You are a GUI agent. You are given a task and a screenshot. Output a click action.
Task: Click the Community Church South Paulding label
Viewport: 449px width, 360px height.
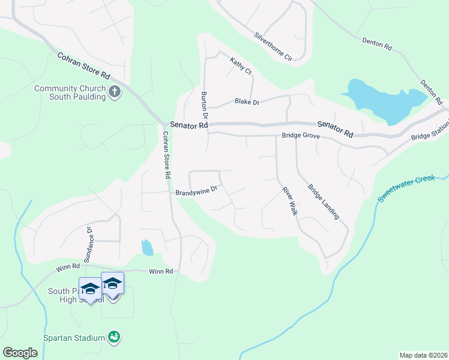tap(70, 92)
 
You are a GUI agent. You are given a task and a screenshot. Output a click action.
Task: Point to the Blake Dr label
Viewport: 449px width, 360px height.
tap(247, 103)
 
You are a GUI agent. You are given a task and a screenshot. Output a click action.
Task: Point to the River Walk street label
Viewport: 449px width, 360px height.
tap(290, 202)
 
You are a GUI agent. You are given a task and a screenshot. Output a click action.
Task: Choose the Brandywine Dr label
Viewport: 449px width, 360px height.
tap(196, 192)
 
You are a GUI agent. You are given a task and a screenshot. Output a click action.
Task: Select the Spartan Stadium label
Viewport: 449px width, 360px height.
tap(74, 338)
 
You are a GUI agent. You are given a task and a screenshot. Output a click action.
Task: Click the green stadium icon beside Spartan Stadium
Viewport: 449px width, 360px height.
tap(114, 337)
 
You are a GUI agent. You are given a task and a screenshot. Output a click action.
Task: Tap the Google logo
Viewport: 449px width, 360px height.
tap(20, 353)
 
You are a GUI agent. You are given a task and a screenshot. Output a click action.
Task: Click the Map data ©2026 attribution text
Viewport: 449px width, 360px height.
tap(423, 355)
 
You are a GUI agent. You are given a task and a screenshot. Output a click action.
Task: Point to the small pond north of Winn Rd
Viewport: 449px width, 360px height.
tap(147, 247)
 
